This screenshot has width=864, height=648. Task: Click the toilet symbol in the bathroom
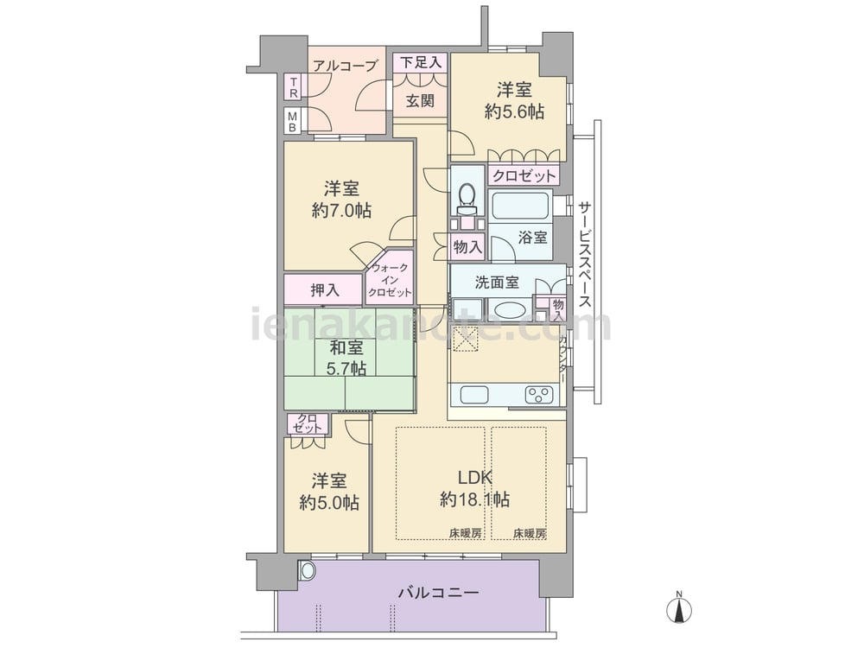(x=467, y=199)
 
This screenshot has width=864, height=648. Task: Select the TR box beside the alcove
(x=294, y=87)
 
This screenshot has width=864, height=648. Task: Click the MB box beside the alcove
(x=293, y=121)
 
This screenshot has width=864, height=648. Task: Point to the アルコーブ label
(x=345, y=67)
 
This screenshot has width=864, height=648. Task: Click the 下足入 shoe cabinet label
(x=421, y=62)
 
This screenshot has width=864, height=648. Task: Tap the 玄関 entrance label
(x=421, y=101)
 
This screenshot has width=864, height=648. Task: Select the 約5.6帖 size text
(x=514, y=112)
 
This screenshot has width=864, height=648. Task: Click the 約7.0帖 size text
(x=341, y=211)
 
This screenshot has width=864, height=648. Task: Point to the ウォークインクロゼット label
(x=391, y=281)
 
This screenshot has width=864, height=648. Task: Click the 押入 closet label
(x=325, y=289)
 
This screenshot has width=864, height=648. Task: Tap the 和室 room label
(x=346, y=347)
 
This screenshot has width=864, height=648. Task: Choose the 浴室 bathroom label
(x=533, y=238)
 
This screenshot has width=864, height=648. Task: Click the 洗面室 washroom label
(x=497, y=283)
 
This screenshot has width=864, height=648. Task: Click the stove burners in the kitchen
(x=539, y=395)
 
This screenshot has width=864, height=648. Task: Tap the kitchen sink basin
(x=473, y=395)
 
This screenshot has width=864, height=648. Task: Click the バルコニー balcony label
(x=439, y=594)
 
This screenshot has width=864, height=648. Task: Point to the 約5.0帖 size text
(x=329, y=503)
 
